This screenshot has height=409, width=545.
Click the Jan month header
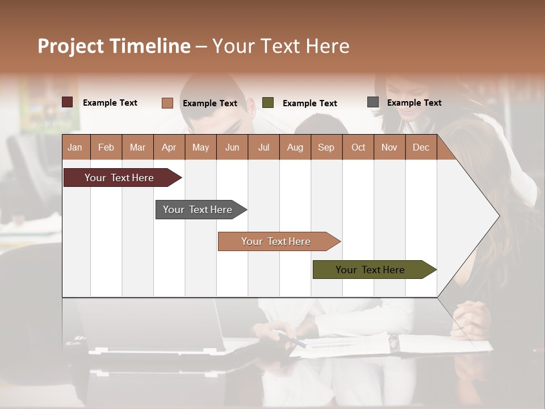click(75, 147)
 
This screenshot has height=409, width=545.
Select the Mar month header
click(137, 147)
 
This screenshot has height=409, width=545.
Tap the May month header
click(200, 147)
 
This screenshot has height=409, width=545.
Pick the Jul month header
click(263, 147)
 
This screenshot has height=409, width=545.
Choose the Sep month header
click(326, 147)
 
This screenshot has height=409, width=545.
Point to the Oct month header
click(358, 147)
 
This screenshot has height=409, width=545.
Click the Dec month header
click(421, 147)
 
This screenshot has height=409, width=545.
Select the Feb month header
click(106, 147)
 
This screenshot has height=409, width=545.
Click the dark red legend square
click(68, 102)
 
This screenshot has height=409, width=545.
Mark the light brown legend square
click(167, 103)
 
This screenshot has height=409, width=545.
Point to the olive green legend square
click(268, 103)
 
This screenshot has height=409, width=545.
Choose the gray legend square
click(373, 102)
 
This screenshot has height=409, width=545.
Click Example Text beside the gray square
click(414, 103)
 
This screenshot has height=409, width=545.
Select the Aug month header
click(295, 147)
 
